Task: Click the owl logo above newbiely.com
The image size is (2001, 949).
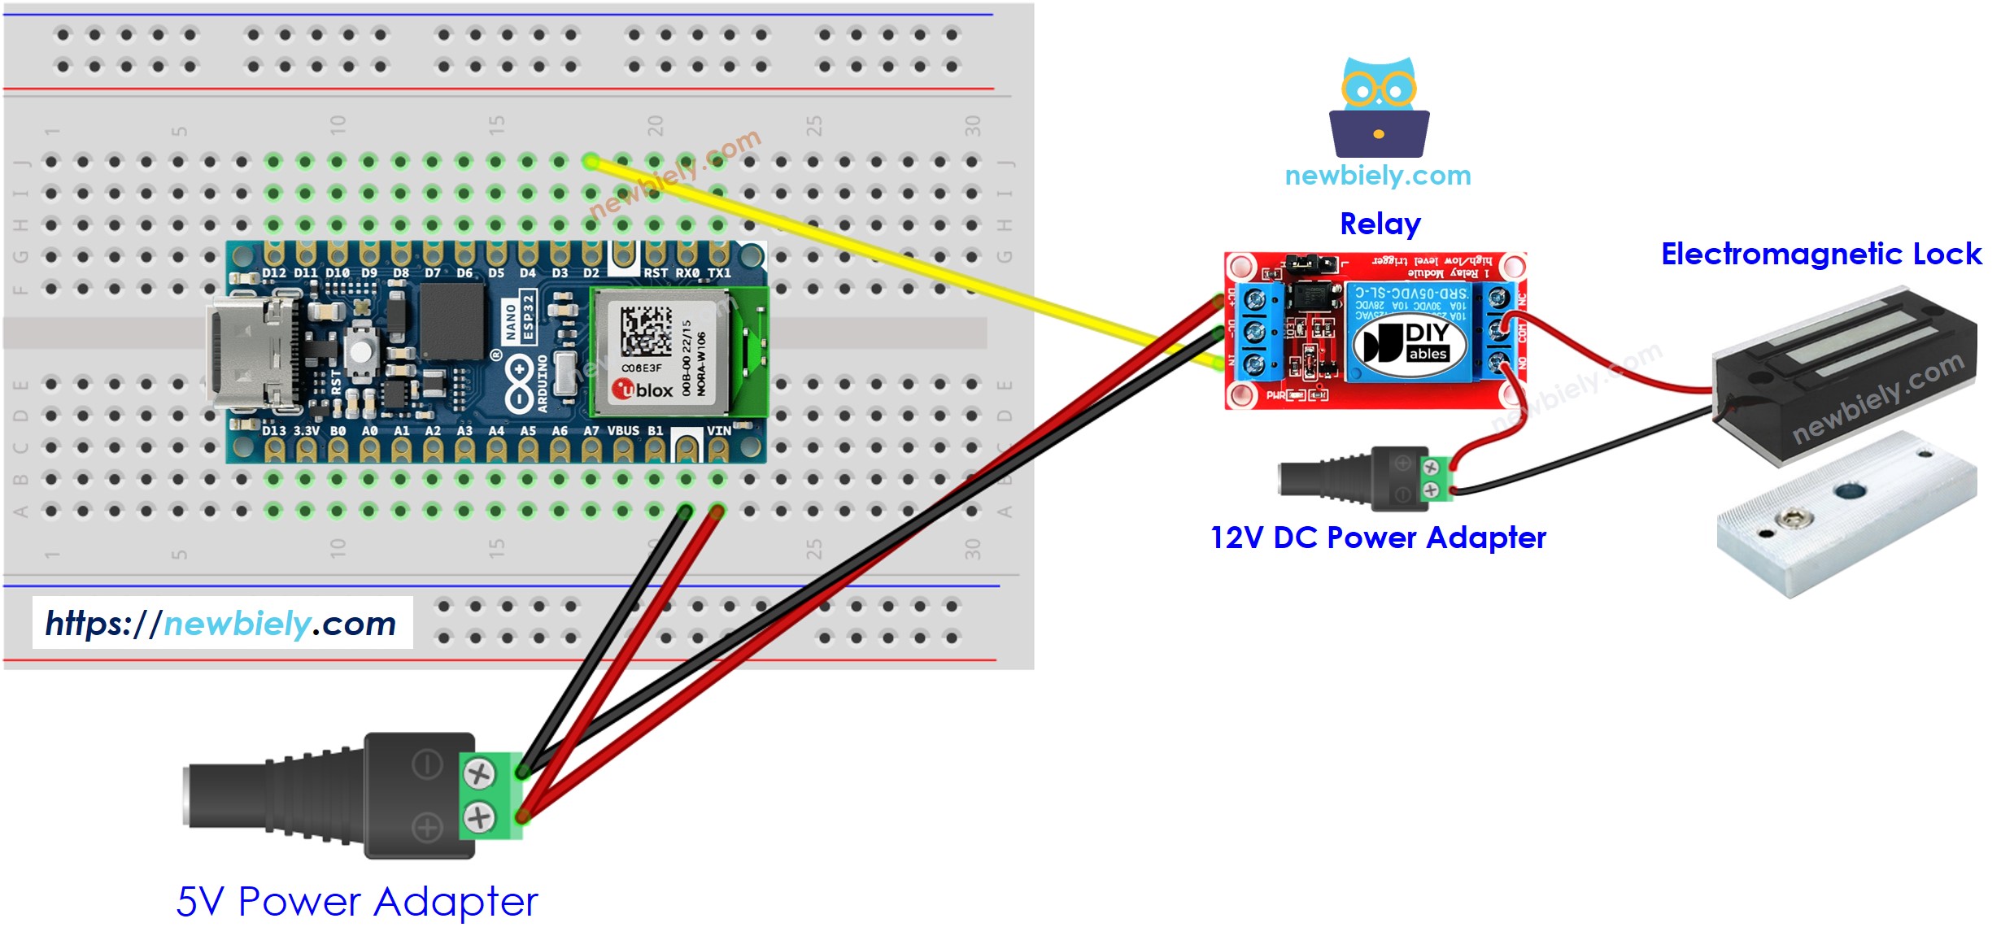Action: tap(1379, 107)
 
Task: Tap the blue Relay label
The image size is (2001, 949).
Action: tap(1380, 224)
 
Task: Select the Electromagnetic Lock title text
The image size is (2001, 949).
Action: tap(1820, 254)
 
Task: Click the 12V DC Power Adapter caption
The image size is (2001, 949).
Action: tap(1378, 538)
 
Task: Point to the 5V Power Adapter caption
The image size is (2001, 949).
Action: tap(357, 901)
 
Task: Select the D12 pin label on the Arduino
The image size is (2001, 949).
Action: tap(274, 273)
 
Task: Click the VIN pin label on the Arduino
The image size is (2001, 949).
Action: tap(718, 431)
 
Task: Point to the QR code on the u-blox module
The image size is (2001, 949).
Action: tap(646, 330)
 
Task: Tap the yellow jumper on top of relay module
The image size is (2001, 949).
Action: tap(1310, 263)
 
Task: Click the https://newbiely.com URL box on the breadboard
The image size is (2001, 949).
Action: tap(222, 623)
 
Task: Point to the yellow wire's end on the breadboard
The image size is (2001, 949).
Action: tap(591, 162)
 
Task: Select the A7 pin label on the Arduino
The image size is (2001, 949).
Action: tap(591, 431)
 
